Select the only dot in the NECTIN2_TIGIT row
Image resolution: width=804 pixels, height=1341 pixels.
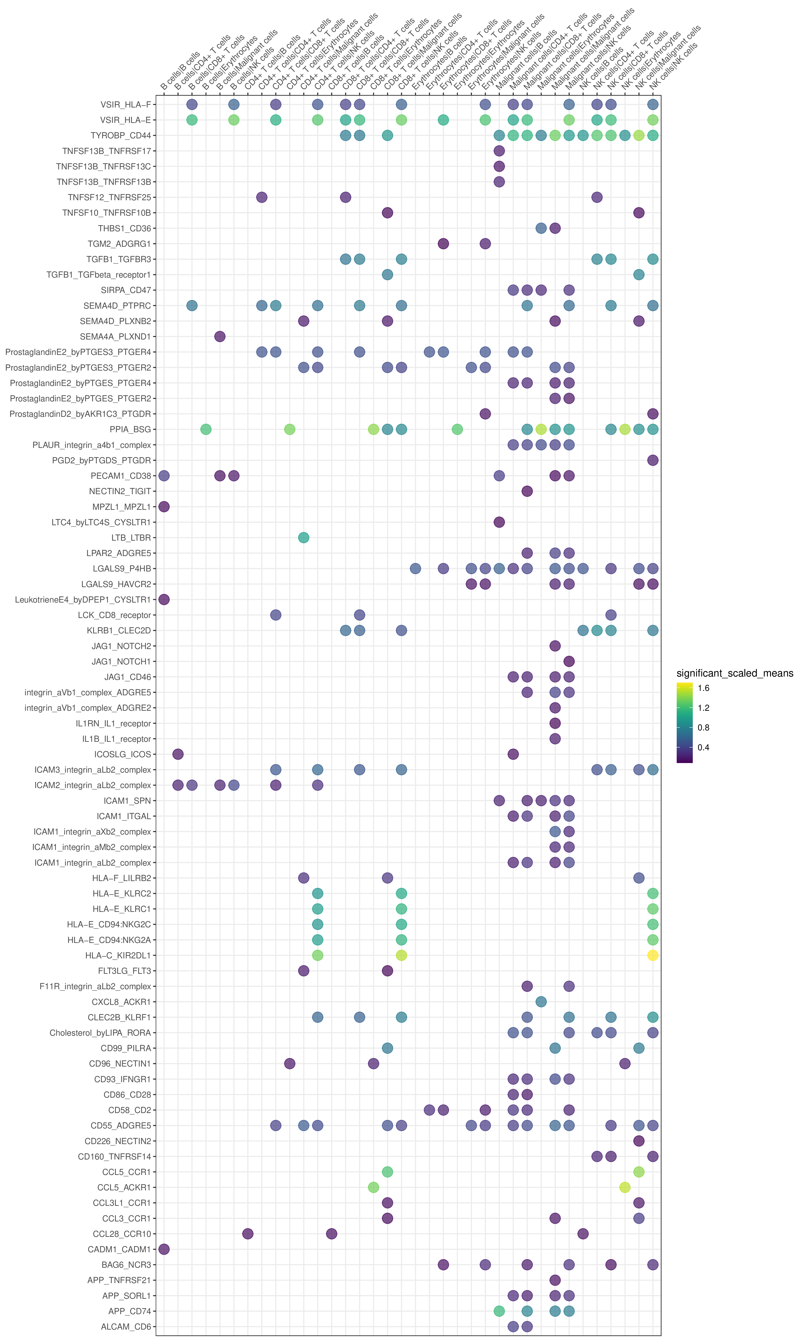coord(527,491)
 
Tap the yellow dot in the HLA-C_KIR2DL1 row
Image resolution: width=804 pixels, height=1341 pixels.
coord(653,955)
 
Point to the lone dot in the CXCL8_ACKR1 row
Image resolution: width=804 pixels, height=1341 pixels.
coord(541,1002)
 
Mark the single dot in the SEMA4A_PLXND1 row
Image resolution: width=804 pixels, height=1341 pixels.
coord(219,337)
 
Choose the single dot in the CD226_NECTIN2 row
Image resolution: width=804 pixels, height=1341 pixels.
coord(639,1141)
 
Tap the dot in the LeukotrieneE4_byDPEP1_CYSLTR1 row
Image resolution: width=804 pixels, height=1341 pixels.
coord(164,599)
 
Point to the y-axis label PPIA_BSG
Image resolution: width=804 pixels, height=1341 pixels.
coord(130,429)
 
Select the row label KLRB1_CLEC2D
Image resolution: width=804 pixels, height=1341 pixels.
coord(119,630)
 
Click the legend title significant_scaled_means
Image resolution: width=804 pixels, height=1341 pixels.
coord(735,673)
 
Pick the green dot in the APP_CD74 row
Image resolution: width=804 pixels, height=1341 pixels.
coord(499,1311)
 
